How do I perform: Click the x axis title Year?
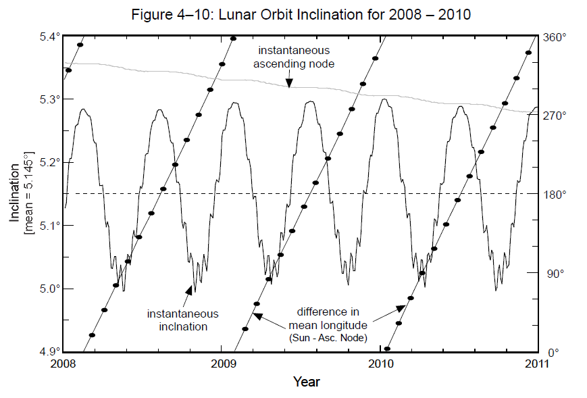tap(306, 382)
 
